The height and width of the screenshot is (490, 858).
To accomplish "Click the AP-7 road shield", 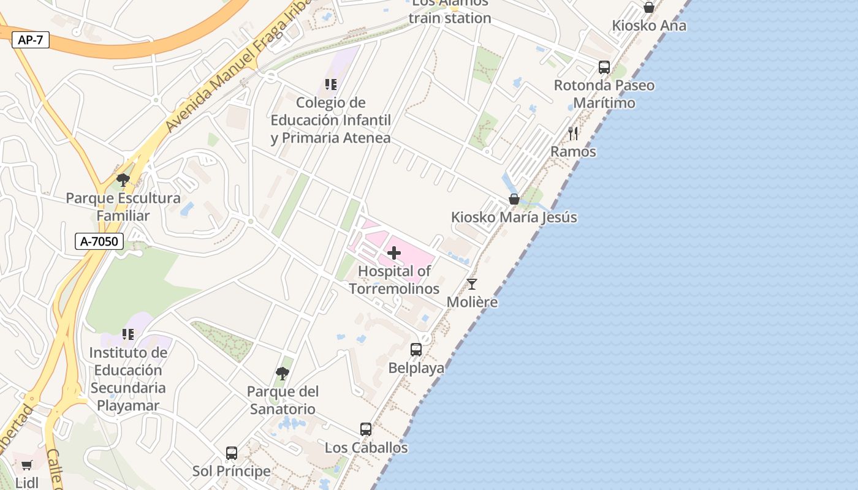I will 31,40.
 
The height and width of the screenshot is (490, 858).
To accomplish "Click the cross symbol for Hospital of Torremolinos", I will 394,252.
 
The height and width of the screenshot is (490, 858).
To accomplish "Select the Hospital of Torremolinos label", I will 394,279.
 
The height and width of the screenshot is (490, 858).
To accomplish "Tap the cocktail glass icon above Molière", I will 472,284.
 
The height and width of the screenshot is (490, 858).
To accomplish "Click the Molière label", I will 472,302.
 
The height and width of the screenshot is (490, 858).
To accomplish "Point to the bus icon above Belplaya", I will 416,350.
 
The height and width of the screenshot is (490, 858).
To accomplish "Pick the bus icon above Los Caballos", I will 366,429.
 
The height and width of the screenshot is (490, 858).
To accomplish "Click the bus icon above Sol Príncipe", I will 232,453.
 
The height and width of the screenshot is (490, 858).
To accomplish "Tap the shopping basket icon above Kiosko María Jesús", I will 514,199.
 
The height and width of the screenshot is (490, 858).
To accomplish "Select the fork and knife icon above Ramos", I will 573,133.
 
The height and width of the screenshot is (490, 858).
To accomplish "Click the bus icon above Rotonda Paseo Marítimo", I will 604,67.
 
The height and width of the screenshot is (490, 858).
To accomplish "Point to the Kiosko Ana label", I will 649,26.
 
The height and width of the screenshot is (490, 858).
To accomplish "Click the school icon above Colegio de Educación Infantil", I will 331,85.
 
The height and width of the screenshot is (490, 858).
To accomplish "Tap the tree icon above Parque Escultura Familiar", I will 123,180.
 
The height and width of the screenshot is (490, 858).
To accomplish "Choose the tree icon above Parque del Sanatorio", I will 282,373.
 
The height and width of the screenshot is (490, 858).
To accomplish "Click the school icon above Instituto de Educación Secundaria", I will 127,334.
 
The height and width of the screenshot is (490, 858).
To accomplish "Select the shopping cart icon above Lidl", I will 26,466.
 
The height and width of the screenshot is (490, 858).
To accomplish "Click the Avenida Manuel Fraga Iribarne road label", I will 239,67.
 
